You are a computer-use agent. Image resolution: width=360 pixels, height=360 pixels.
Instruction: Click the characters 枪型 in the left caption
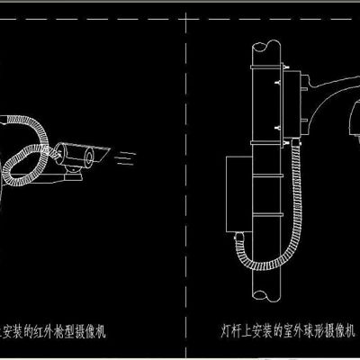point(71,330)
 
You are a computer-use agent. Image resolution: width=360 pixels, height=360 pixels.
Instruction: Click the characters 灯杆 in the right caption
point(230,330)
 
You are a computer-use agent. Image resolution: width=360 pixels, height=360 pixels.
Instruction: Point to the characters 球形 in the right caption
point(315,330)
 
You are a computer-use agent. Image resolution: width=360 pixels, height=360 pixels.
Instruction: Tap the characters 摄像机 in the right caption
point(340,330)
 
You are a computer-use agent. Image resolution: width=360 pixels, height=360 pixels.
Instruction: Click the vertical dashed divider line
point(184,180)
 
